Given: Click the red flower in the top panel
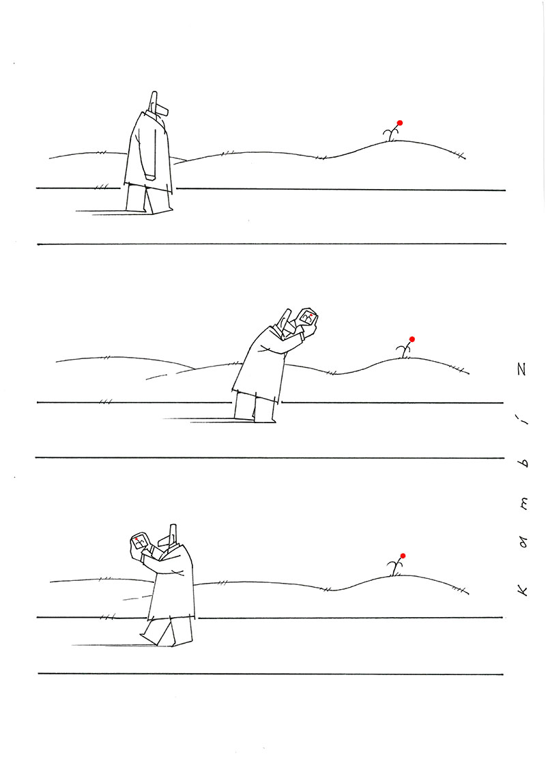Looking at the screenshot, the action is [x=400, y=123].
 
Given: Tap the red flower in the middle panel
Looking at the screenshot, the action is [x=412, y=339].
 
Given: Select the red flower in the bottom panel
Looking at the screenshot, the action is [x=403, y=556].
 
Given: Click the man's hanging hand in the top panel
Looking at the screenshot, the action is [x=150, y=176].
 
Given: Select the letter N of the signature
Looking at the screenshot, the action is [x=523, y=369].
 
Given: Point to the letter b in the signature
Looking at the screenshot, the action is [x=524, y=463].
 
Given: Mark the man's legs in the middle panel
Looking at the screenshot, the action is [x=255, y=408].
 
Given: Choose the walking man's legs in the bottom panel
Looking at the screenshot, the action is [x=167, y=631].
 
